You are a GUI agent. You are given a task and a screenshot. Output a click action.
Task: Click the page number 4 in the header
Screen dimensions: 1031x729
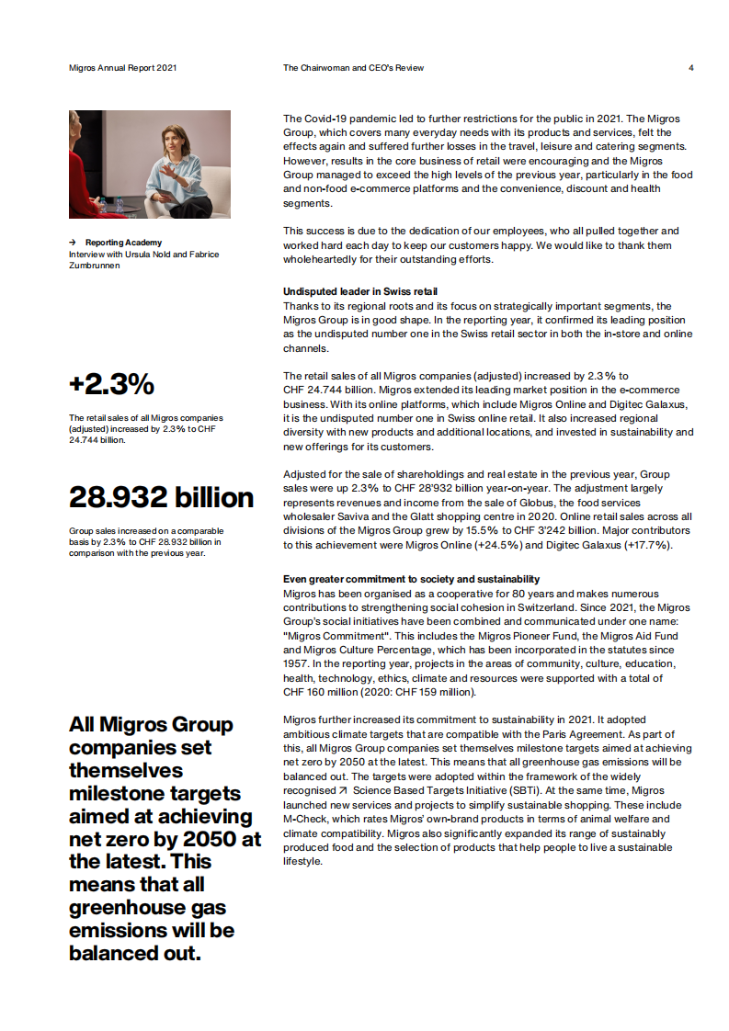[690, 68]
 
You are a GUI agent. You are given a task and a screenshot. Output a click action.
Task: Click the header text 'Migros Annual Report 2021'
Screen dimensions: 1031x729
[123, 68]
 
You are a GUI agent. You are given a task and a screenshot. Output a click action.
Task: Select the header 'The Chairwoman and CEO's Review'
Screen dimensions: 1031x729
[354, 68]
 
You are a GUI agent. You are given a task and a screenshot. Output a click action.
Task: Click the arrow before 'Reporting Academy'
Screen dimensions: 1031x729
[73, 243]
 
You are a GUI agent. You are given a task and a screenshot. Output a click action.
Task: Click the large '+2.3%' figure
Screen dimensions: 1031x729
[111, 384]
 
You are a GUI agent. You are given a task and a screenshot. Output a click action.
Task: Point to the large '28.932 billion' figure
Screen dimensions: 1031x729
[161, 497]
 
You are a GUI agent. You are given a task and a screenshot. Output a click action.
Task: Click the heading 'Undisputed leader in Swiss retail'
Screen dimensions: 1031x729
[354, 291]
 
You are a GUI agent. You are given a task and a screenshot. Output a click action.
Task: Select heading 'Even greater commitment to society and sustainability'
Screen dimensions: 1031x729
[411, 579]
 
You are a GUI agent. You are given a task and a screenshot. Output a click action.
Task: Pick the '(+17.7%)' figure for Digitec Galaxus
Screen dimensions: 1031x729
[647, 545]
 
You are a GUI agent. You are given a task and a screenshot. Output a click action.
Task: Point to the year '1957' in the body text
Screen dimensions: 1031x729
[297, 663]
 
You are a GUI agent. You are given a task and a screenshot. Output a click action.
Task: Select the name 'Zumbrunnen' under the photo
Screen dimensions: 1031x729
[95, 265]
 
